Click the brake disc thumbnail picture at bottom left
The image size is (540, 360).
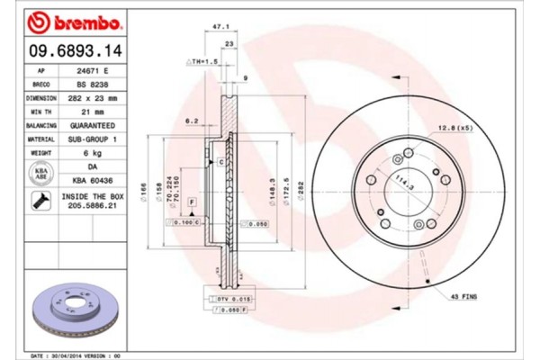click(67, 310)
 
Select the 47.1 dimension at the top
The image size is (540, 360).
click(216, 28)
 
